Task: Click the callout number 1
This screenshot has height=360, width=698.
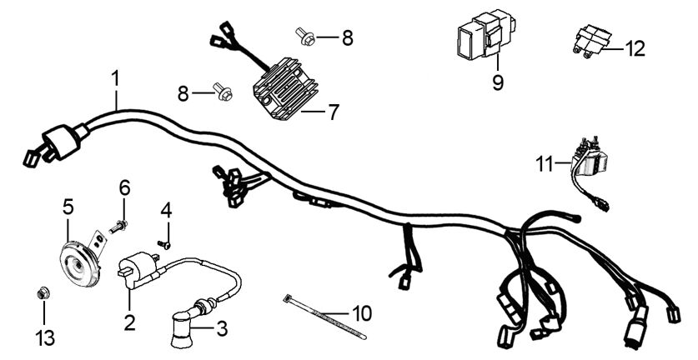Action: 115,78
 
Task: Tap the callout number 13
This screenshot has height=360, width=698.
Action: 45,338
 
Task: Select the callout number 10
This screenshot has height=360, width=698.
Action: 362,313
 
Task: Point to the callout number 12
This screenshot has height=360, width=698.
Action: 635,49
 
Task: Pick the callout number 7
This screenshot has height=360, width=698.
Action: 334,112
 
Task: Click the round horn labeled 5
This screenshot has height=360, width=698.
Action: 79,265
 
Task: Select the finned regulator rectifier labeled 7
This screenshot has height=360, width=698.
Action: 279,89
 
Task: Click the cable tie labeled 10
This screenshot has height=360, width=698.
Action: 325,317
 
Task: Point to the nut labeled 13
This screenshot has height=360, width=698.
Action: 43,292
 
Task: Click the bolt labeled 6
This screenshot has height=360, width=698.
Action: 118,227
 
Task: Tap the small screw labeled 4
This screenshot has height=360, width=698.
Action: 164,244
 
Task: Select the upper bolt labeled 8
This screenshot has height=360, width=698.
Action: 306,37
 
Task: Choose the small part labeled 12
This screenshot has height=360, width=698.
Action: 591,42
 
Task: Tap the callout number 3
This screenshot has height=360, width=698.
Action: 222,329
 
